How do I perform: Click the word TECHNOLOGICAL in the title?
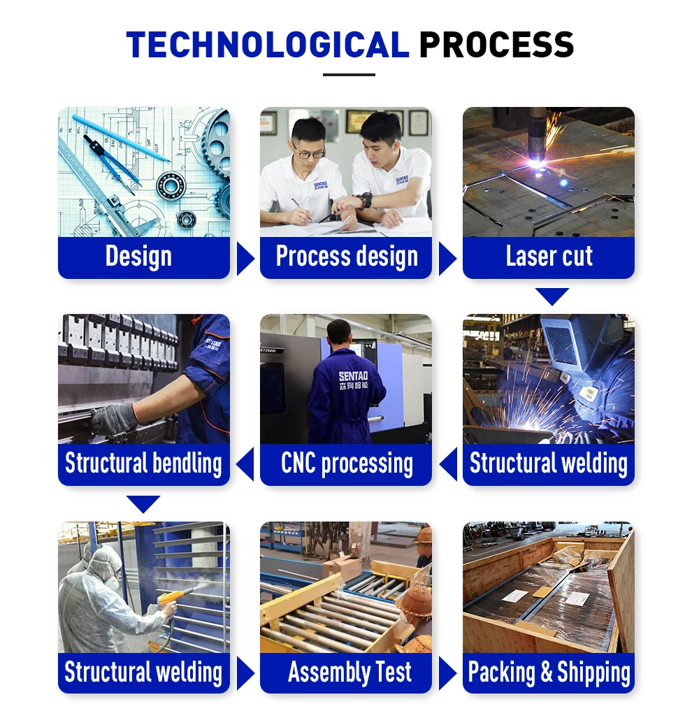point(267,45)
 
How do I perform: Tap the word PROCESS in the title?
point(496,45)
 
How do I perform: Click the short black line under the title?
point(349,75)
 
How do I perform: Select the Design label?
point(138,257)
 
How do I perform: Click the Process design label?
point(347,257)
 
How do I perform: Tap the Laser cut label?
point(549,257)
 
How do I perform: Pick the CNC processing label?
point(347,464)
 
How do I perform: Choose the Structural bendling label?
point(143,464)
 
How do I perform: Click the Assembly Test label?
point(349,673)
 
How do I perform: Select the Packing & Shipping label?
point(549,673)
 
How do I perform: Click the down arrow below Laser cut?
point(552,296)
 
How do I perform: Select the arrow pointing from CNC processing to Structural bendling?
point(245,465)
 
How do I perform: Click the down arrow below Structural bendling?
point(143,503)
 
